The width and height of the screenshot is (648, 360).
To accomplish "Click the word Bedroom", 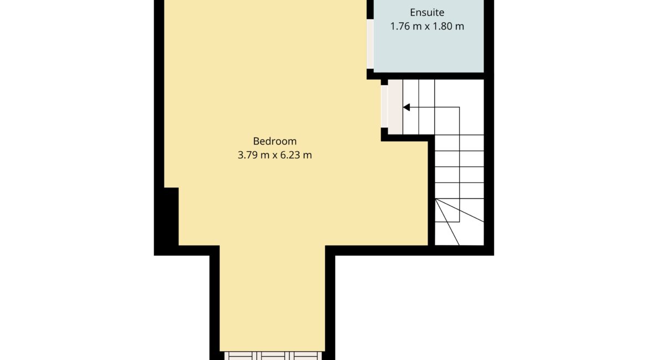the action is tap(275, 141).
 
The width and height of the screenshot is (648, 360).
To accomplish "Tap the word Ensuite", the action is tap(427, 12).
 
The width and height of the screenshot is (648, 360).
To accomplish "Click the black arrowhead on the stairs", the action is tap(406, 107).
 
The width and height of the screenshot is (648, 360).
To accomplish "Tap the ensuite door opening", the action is tap(371, 44).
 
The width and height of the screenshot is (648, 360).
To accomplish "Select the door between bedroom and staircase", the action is tap(384, 106).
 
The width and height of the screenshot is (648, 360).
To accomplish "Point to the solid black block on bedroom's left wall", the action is tap(171, 217).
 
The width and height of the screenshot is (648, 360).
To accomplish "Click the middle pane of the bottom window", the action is tap(272, 356).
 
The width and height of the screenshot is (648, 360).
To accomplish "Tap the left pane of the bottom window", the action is tap(240, 356).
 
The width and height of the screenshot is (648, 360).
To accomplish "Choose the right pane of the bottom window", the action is tap(305, 356).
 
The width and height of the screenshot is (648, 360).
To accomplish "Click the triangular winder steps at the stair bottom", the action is tap(459, 222).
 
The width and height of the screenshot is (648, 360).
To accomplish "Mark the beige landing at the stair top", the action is tap(395, 107).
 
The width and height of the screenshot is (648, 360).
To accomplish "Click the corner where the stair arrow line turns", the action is tap(460, 107).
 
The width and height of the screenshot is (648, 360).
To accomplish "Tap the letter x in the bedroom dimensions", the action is tap(275, 156).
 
